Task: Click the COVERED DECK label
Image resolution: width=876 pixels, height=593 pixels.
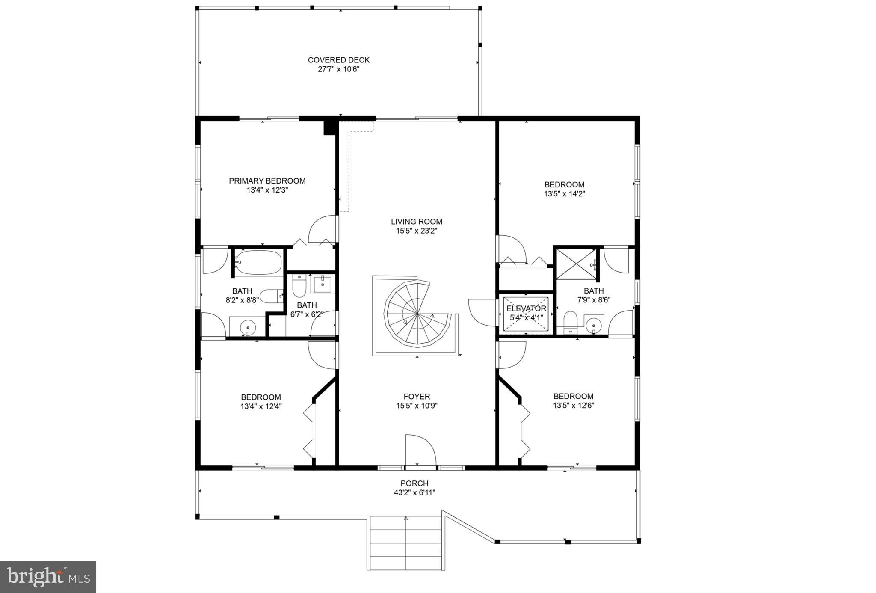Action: click(x=338, y=60)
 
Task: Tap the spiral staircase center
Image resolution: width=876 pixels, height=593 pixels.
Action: click(x=417, y=314)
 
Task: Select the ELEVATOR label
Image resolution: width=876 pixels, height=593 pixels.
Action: click(x=526, y=308)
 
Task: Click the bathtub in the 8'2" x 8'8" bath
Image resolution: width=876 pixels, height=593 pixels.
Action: click(x=258, y=262)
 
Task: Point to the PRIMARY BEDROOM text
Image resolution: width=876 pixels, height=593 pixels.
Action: click(x=267, y=181)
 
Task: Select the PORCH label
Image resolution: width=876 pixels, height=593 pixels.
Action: click(x=414, y=483)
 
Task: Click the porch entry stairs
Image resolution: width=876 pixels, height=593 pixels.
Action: click(x=405, y=543)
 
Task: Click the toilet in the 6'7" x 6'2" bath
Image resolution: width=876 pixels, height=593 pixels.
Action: click(x=298, y=286)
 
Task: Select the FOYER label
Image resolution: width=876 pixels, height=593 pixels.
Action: click(x=417, y=397)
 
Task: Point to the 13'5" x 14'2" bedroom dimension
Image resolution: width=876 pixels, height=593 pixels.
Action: click(x=564, y=194)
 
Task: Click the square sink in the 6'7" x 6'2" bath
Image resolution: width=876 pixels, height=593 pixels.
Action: click(x=323, y=284)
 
